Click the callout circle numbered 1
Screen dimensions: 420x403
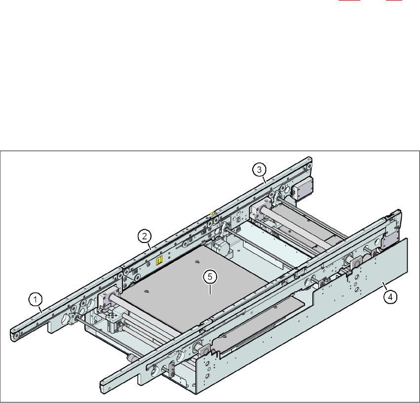click(36, 299)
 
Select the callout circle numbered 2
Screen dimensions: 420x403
click(145, 237)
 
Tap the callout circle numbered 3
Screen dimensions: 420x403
click(259, 169)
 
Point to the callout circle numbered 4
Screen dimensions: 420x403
click(390, 297)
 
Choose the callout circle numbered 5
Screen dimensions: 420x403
click(210, 277)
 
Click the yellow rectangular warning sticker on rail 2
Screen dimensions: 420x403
click(159, 260)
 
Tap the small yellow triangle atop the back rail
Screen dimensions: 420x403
click(212, 213)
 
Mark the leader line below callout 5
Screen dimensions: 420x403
click(210, 289)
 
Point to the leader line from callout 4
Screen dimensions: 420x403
click(384, 286)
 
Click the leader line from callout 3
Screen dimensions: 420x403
click(264, 180)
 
